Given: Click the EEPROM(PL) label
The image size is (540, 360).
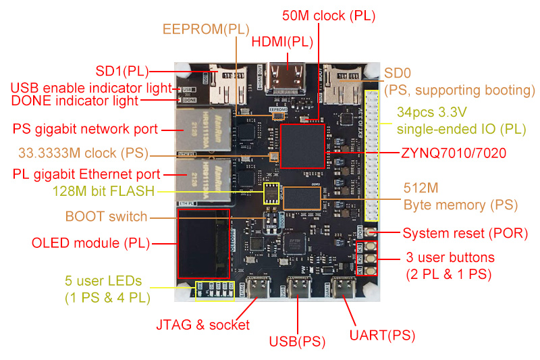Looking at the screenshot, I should point(206,29).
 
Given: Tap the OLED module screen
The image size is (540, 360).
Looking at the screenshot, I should point(203,243).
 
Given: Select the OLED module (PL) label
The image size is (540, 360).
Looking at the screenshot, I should point(90,242).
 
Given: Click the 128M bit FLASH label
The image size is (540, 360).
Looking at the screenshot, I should point(103,191).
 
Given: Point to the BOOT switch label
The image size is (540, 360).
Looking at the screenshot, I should point(106,217).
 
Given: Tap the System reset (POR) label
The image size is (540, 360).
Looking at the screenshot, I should point(465,234).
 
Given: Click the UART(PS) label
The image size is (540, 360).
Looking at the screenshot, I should point(381,334).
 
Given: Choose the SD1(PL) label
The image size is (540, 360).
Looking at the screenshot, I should point(120,70).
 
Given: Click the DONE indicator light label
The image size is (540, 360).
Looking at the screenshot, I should point(75,101).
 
